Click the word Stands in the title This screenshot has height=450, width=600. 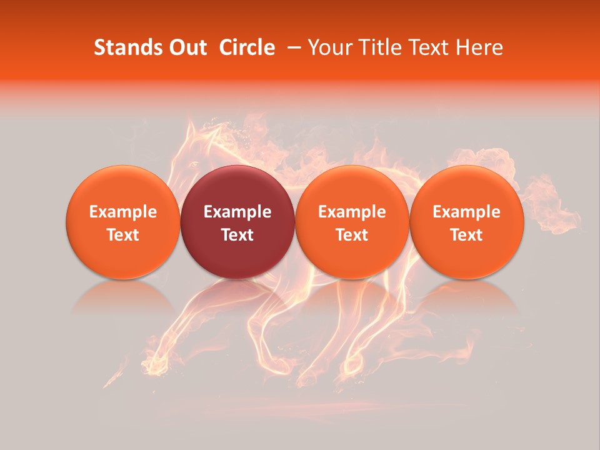(x=127, y=47)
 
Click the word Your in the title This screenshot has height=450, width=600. (x=329, y=47)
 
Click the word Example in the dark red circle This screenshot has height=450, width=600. (x=237, y=212)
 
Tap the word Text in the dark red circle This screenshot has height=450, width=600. (x=237, y=235)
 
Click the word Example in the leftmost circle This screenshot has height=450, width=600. (x=122, y=212)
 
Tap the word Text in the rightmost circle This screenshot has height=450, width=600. (x=467, y=235)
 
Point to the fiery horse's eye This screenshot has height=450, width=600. (x=194, y=164)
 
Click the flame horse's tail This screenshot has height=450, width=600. (x=550, y=200)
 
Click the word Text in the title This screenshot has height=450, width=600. (x=433, y=47)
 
